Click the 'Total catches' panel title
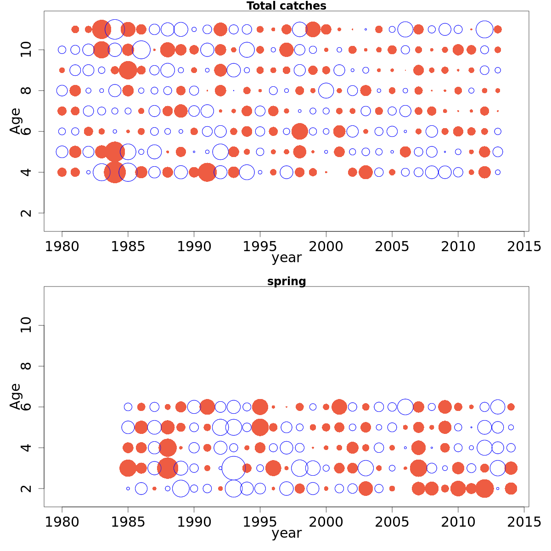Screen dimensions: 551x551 click(286, 6)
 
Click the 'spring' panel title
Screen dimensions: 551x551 click(286, 281)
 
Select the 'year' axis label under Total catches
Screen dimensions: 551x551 click(286, 258)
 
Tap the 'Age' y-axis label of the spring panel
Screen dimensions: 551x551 click(15, 396)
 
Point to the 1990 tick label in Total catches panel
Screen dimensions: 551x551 click(194, 247)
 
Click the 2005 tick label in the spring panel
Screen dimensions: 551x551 click(392, 522)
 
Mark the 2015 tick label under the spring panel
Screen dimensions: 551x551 click(524, 522)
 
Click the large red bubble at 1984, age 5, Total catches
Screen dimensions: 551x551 click(115, 152)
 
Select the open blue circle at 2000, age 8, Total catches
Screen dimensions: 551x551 click(326, 90)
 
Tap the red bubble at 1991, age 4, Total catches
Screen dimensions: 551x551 click(207, 172)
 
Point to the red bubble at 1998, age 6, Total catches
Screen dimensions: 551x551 click(299, 131)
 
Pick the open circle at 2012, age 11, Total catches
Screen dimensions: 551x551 click(484, 29)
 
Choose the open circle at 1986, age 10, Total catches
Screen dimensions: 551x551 click(141, 50)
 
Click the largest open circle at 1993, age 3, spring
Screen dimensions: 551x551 click(234, 468)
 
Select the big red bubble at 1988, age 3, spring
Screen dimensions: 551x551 click(168, 468)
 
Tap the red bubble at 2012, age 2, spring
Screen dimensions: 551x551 click(484, 488)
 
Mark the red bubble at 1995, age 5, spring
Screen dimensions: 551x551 click(260, 427)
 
